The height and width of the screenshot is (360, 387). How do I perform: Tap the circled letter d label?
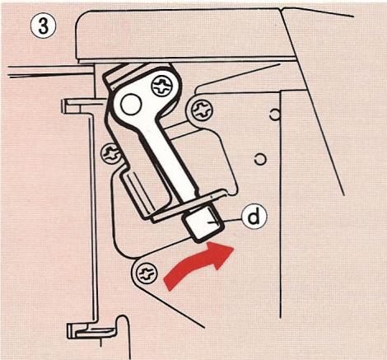click(x=255, y=216)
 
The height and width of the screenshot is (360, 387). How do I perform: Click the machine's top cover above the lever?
click(x=181, y=33)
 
